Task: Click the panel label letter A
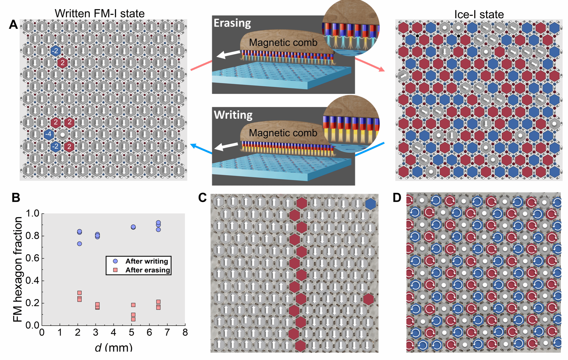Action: (x=13, y=25)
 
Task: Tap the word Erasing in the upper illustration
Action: (x=232, y=23)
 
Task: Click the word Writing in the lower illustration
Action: (x=233, y=115)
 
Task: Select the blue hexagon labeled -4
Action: (x=49, y=134)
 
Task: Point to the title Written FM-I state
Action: (x=100, y=13)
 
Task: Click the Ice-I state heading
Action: (x=479, y=14)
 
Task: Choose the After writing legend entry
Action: (x=146, y=261)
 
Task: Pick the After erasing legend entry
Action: (x=148, y=270)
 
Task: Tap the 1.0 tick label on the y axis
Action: (x=32, y=213)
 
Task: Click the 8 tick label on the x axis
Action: (x=185, y=333)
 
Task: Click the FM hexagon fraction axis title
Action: (x=18, y=269)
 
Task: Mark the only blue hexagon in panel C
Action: (x=371, y=204)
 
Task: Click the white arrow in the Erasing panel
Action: (x=228, y=54)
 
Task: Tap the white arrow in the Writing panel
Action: (x=226, y=147)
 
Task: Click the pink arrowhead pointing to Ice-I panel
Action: (x=382, y=70)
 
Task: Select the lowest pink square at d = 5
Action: (x=133, y=319)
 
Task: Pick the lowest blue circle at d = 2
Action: (x=80, y=244)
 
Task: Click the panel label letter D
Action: (x=397, y=197)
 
